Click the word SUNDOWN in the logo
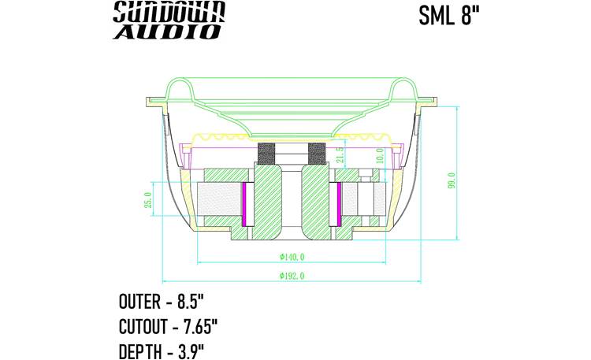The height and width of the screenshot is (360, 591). (169, 11)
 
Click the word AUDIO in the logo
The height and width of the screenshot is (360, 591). (167, 32)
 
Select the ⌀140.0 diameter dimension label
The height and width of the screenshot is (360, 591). (292, 257)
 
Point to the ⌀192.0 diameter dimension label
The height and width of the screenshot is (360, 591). (292, 276)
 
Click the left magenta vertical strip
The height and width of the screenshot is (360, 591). (246, 202)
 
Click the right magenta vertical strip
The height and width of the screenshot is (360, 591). (339, 202)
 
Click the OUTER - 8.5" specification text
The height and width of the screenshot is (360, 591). (161, 302)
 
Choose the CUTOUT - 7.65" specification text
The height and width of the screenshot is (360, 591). (167, 326)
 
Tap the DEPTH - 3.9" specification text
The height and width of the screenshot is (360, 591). (162, 350)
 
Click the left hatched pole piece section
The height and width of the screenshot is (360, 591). (268, 201)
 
